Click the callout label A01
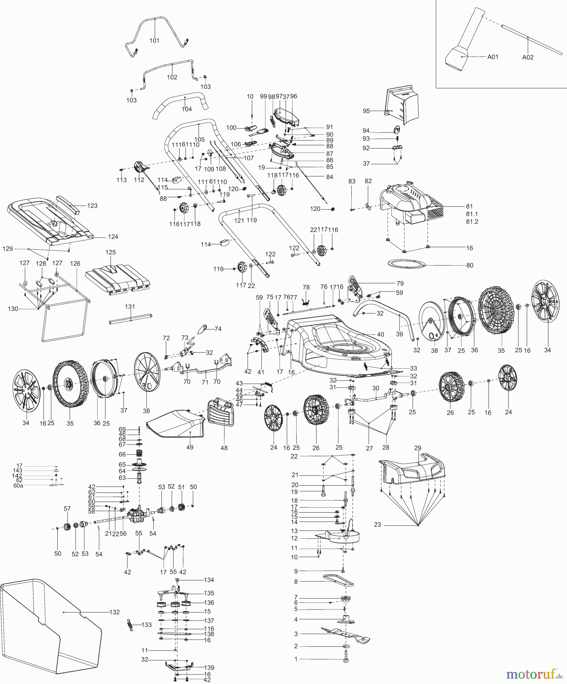[493, 57]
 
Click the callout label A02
[528, 57]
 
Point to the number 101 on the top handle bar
[154, 41]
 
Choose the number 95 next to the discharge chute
[366, 111]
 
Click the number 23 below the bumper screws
[377, 525]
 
